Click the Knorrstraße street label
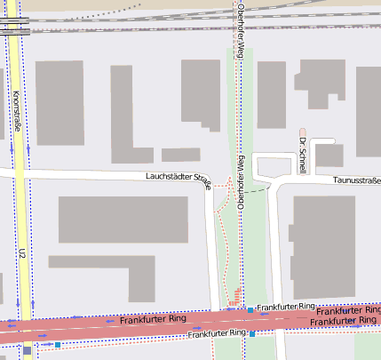[x=17, y=111]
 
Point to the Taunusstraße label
[x=356, y=180]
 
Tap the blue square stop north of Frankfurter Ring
[x=251, y=310]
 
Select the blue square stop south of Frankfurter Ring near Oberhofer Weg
[x=252, y=334]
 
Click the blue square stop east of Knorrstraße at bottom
[x=57, y=344]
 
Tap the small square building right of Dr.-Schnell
[x=329, y=156]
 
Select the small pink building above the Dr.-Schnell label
[x=302, y=132]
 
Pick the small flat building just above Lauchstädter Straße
[x=180, y=155]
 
